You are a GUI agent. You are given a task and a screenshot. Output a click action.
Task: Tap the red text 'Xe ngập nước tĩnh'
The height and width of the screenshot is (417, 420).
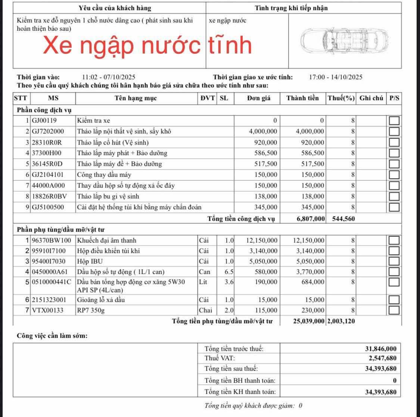pos(147,45)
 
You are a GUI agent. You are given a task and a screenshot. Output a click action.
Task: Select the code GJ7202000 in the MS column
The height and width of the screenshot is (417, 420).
pos(48,132)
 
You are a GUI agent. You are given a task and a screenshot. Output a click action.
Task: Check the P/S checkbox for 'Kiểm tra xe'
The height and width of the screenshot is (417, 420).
pos(394,121)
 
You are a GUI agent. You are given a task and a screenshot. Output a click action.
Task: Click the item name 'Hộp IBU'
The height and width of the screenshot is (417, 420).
pos(90,261)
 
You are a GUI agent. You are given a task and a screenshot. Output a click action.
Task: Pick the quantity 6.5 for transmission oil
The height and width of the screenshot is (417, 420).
pos(229,272)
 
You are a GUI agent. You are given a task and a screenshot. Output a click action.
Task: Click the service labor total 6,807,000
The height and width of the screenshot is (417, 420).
pos(310,219)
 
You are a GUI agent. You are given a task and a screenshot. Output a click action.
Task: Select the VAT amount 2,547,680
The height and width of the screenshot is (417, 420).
pos(381,358)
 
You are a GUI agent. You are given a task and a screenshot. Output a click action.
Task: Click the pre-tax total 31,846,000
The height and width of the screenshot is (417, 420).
pos(380,349)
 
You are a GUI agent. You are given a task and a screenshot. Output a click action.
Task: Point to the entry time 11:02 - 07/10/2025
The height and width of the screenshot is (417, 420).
pos(109,77)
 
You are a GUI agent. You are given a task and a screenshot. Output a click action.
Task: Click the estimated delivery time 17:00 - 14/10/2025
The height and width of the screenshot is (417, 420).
pos(336,77)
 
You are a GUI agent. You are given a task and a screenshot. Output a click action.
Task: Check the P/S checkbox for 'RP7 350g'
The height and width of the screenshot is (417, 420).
pos(394,310)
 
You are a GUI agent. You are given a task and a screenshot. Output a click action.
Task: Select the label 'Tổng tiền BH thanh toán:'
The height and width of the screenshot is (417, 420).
pos(240,380)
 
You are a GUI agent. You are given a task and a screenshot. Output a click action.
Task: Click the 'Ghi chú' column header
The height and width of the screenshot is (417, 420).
pos(371,98)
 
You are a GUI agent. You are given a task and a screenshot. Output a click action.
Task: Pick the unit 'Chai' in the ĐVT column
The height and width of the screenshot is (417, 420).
pos(205,310)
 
